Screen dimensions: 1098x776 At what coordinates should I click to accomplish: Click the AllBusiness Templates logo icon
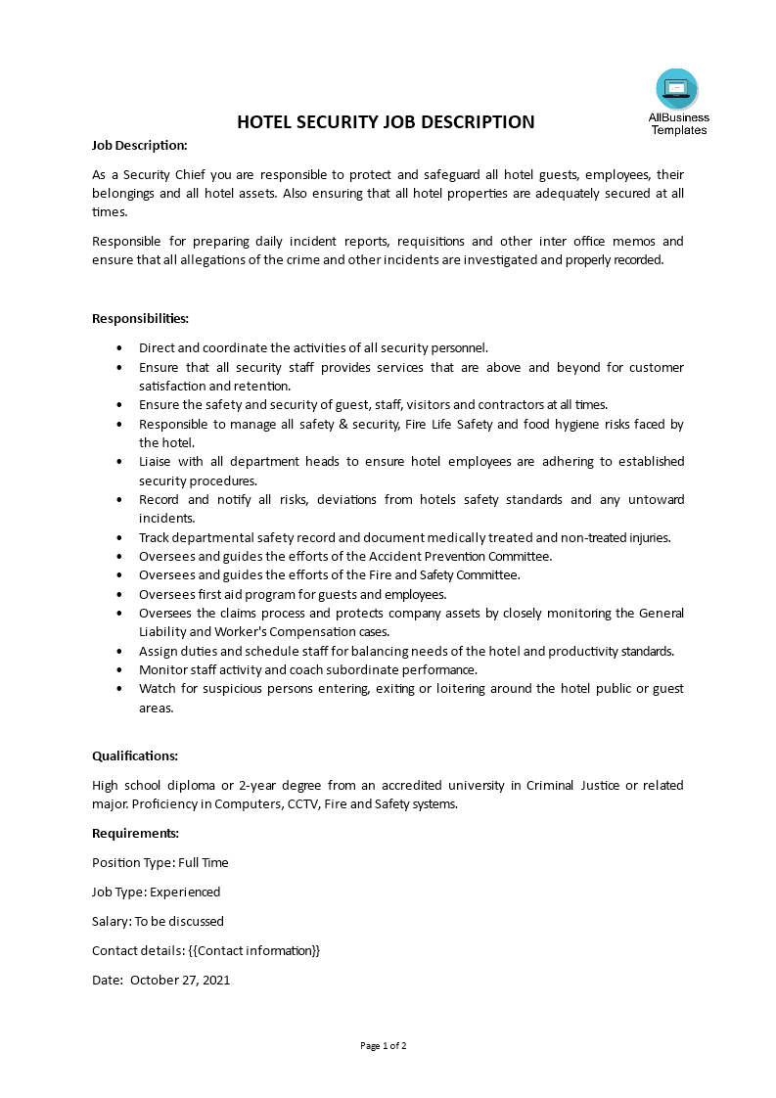(x=677, y=89)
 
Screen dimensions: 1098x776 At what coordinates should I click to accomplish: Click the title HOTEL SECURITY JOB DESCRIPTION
(x=386, y=122)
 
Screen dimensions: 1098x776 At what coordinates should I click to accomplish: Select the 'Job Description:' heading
(x=140, y=145)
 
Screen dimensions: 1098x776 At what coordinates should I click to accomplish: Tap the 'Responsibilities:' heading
(x=140, y=318)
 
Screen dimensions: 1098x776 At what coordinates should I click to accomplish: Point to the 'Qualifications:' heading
(x=135, y=755)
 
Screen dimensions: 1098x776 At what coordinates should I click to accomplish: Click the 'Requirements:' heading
(x=135, y=833)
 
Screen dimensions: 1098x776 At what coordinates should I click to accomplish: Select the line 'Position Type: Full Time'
(x=160, y=862)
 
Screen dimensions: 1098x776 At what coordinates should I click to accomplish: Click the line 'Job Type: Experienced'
(x=157, y=892)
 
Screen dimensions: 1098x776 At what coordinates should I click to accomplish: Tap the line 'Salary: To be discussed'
(x=158, y=921)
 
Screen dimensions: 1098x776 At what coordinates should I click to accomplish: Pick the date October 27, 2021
(x=180, y=980)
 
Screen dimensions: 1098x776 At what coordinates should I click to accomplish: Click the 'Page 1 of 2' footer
(x=384, y=1045)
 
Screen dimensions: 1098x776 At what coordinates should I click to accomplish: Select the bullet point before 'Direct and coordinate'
(x=119, y=347)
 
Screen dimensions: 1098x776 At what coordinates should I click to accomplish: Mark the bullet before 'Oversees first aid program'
(x=119, y=594)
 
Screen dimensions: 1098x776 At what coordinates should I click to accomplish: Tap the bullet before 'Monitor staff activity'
(x=119, y=669)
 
